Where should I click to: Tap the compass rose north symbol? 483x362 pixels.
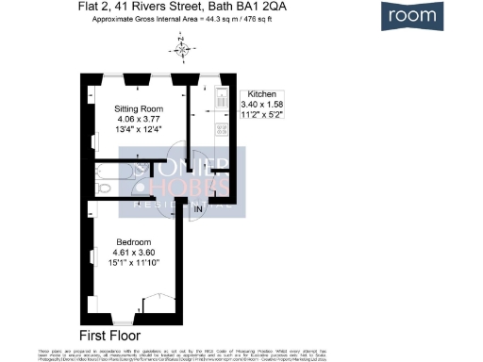(x=182, y=43)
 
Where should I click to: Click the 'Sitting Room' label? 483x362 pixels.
(x=138, y=108)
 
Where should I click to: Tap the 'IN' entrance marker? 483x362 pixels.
(x=199, y=207)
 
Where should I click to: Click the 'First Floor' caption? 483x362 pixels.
(x=109, y=335)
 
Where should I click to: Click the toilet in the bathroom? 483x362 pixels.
(x=107, y=188)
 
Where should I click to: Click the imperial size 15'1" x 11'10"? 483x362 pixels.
(x=138, y=263)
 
